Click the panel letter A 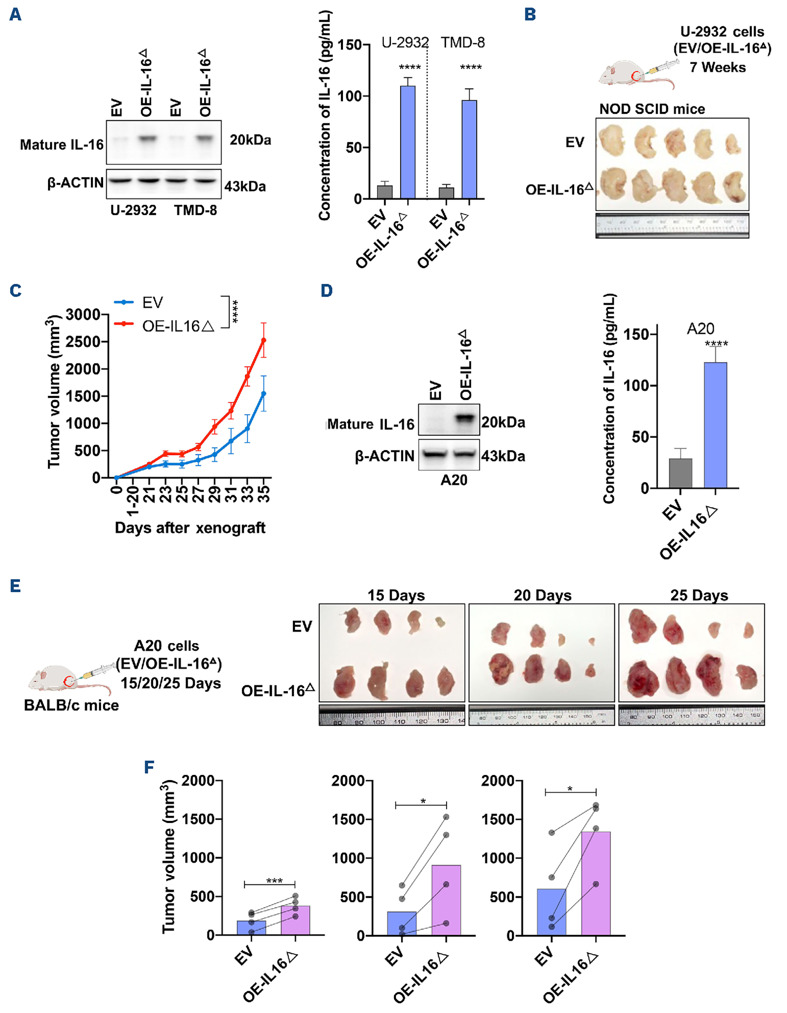tap(15, 14)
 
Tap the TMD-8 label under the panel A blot tap(195, 211)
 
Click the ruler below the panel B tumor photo tap(672, 225)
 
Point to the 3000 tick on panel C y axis tap(83, 315)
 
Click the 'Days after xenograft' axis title tap(190, 528)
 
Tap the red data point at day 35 tap(264, 340)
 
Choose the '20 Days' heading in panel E tap(542, 595)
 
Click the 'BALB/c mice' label tap(72, 705)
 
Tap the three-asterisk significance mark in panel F tap(274, 880)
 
